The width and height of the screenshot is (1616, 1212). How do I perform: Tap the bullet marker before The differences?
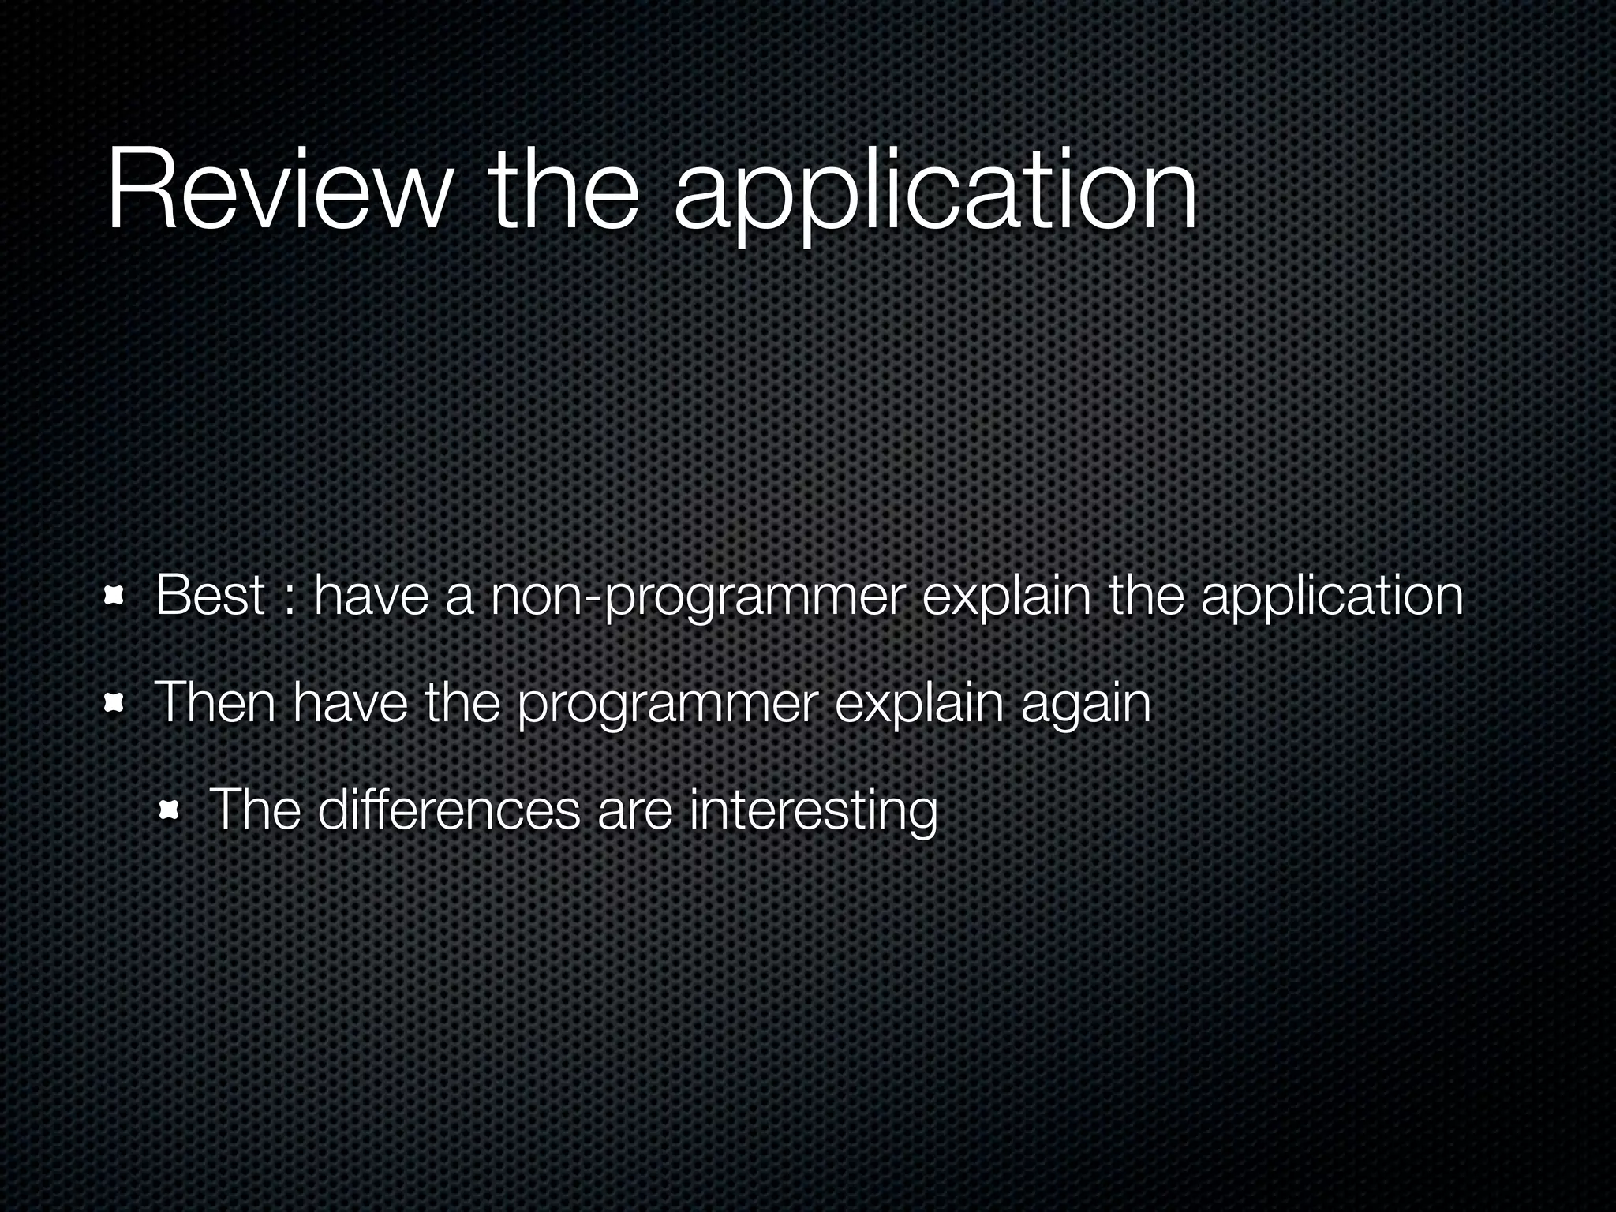169,810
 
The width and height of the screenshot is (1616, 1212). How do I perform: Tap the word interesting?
813,811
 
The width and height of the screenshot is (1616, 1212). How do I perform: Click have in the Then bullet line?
350,702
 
